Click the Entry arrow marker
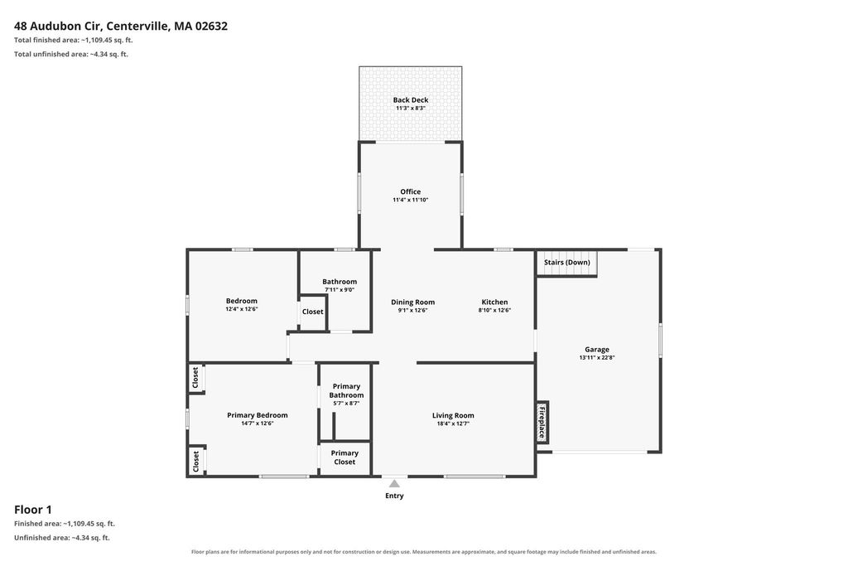[x=394, y=483]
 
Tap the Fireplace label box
[x=542, y=422]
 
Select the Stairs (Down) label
[x=566, y=263]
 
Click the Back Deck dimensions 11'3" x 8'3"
[x=411, y=109]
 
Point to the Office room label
[x=411, y=191]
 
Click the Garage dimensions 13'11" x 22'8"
[x=597, y=358]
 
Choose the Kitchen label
[x=495, y=302]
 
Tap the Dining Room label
[x=412, y=302]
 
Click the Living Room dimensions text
[x=453, y=423]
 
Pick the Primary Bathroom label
[x=346, y=390]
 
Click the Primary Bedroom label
[x=258, y=415]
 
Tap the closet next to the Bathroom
[x=312, y=312]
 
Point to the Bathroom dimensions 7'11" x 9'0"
[x=340, y=290]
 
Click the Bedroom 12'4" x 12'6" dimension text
[x=242, y=309]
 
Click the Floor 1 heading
[x=33, y=509]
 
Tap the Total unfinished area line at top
[x=71, y=54]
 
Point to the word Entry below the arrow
[x=394, y=496]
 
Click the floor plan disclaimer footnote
[x=424, y=552]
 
